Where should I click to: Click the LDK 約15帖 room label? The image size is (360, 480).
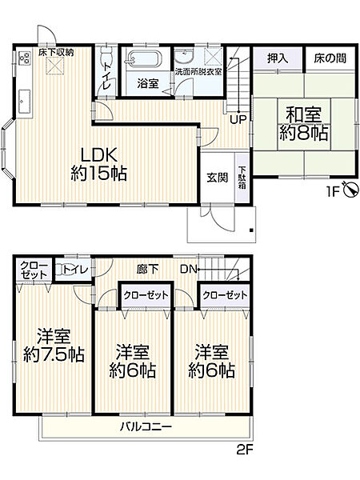coord(98,163)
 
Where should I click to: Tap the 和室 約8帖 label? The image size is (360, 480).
coord(303,125)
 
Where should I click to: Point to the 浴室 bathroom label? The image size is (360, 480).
coord(146,82)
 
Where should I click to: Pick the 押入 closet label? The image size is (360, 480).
coord(277,58)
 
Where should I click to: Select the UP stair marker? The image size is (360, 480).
coord(238,119)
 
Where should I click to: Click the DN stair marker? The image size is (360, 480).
coord(189,270)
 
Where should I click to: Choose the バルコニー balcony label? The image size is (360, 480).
coord(146,427)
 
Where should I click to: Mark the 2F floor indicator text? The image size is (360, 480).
coord(243,450)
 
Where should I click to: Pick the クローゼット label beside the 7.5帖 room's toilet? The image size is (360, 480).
coord(33,269)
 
